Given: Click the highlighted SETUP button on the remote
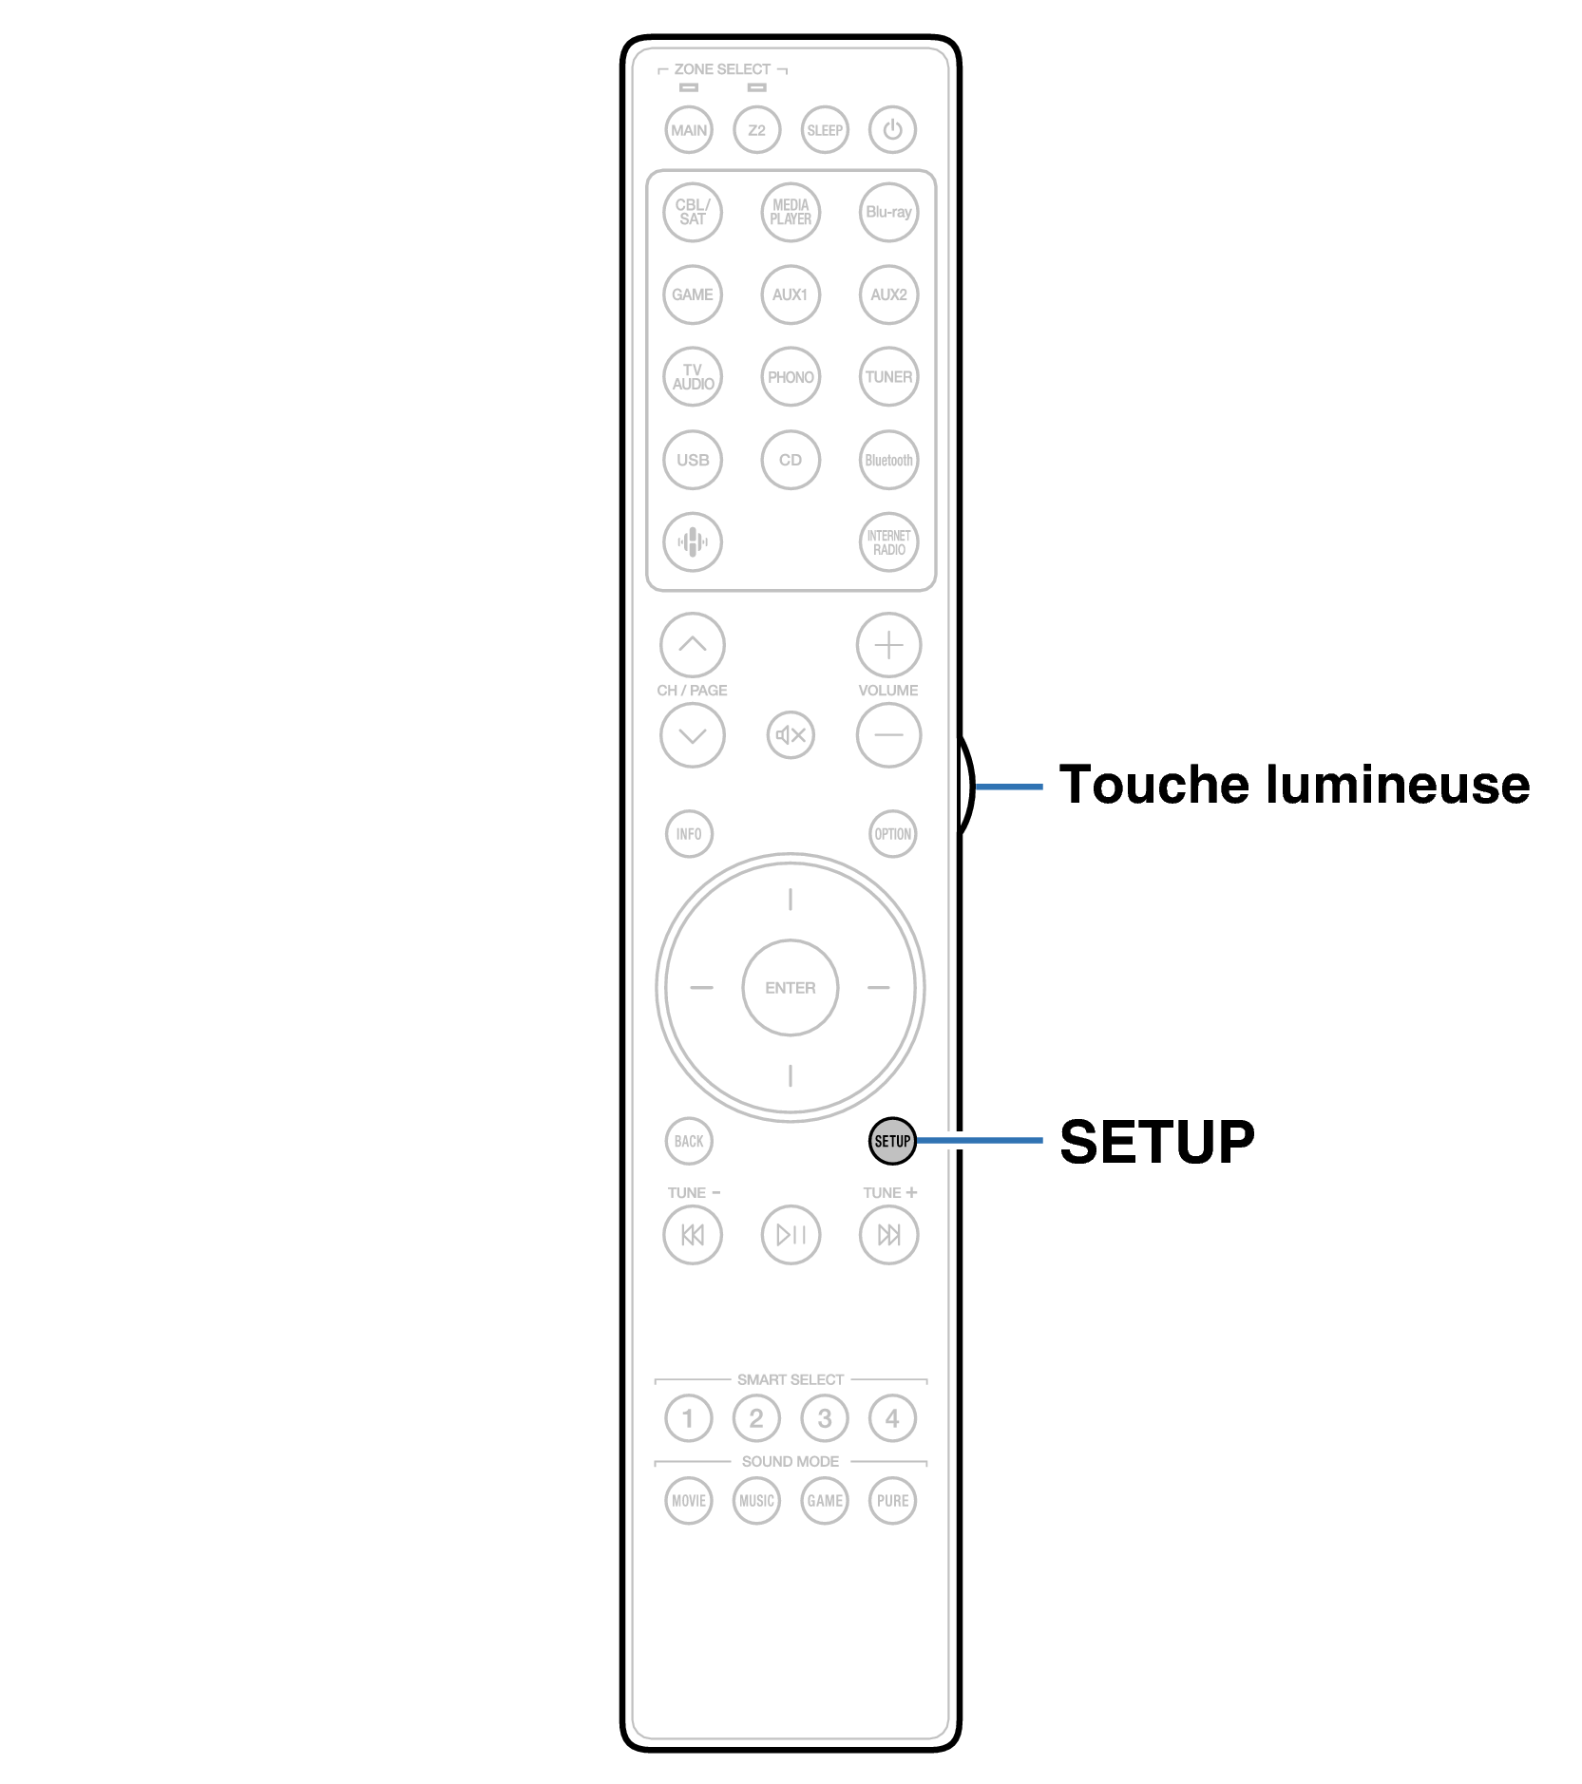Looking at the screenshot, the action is click(892, 1141).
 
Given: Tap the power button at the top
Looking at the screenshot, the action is click(892, 129).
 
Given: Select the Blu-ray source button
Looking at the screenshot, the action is click(888, 212).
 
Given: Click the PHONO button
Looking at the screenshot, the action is click(791, 377).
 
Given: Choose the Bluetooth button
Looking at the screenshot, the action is click(888, 460).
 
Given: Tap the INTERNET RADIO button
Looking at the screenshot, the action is click(888, 542).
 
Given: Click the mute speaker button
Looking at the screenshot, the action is click(791, 734).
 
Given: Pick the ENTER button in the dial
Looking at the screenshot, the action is click(791, 988).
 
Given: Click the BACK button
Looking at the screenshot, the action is click(689, 1141).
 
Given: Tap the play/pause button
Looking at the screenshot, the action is click(791, 1234).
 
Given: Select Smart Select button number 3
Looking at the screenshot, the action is click(825, 1418).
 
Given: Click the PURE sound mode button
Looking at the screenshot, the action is click(892, 1501).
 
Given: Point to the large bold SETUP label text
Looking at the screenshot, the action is click(1157, 1141).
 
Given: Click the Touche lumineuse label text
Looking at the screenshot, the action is click(1294, 785).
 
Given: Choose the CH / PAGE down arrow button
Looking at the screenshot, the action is click(693, 734).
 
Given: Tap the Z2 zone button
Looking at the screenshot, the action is click(756, 129).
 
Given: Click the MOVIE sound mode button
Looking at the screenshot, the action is click(689, 1501).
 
